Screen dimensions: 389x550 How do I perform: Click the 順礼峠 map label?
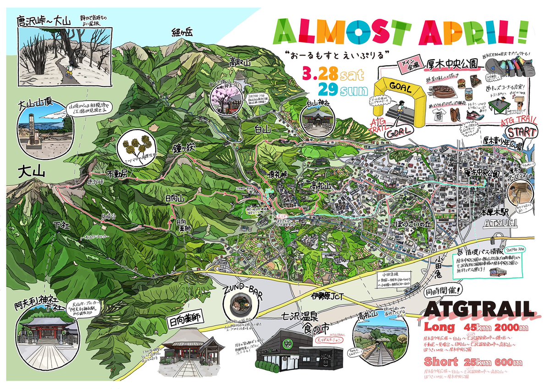coord(278,175)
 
